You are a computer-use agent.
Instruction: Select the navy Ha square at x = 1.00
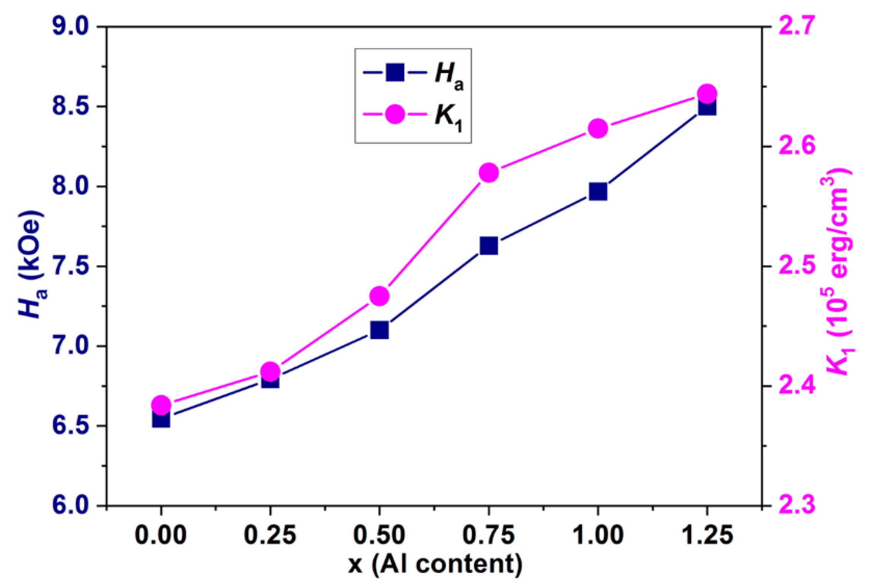pyautogui.click(x=598, y=191)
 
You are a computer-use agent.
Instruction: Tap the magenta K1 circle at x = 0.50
pyautogui.click(x=379, y=296)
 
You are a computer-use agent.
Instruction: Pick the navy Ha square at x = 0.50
pyautogui.click(x=379, y=330)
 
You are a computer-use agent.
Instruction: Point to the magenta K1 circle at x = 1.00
pyautogui.click(x=598, y=129)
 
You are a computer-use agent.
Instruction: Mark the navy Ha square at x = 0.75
pyautogui.click(x=489, y=246)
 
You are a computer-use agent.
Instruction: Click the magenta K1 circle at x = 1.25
pyautogui.click(x=707, y=94)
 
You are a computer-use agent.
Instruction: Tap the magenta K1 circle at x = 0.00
pyautogui.click(x=161, y=405)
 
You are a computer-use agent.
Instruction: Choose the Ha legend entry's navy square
pyautogui.click(x=395, y=72)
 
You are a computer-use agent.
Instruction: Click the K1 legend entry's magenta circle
pyautogui.click(x=395, y=114)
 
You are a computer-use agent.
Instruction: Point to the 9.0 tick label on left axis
pyautogui.click(x=70, y=27)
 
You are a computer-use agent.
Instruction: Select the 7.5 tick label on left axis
pyautogui.click(x=70, y=266)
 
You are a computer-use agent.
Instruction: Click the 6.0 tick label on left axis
pyautogui.click(x=70, y=506)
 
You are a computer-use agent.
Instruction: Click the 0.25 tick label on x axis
pyautogui.click(x=270, y=535)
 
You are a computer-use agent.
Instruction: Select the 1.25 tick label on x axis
pyautogui.click(x=707, y=535)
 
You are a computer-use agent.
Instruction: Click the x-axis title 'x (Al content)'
pyautogui.click(x=435, y=564)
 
